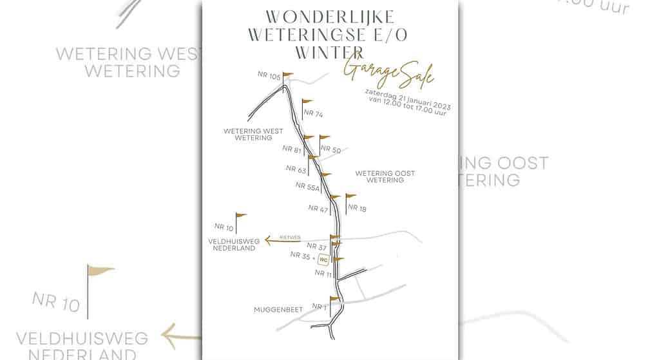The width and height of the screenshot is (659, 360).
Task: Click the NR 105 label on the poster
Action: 269,75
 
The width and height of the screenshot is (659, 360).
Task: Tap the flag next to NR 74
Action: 307,102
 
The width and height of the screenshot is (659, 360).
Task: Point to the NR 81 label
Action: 292,149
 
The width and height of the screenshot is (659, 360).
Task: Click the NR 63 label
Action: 296,169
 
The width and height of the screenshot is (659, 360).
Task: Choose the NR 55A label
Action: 308,186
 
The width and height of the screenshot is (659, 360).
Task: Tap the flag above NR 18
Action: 350,196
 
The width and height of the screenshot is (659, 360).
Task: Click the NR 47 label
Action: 318,209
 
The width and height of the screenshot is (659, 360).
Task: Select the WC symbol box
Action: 324,260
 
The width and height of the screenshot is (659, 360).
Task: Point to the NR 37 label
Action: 316,246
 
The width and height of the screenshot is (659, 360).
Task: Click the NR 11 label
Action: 323,273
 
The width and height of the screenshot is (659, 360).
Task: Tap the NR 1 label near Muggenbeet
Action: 320,307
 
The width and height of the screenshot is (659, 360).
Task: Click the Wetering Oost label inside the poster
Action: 385,176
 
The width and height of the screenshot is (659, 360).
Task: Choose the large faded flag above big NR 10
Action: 99,272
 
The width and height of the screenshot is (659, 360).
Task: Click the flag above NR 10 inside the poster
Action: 241,215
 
